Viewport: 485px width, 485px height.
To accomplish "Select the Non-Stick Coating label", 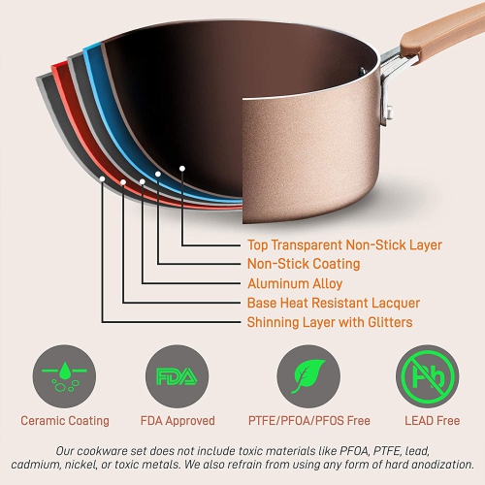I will (304, 264).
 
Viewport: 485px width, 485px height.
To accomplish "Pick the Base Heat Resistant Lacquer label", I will (333, 303).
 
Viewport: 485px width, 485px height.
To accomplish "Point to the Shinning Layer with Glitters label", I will (330, 322).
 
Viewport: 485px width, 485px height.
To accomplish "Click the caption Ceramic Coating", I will (65, 421).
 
